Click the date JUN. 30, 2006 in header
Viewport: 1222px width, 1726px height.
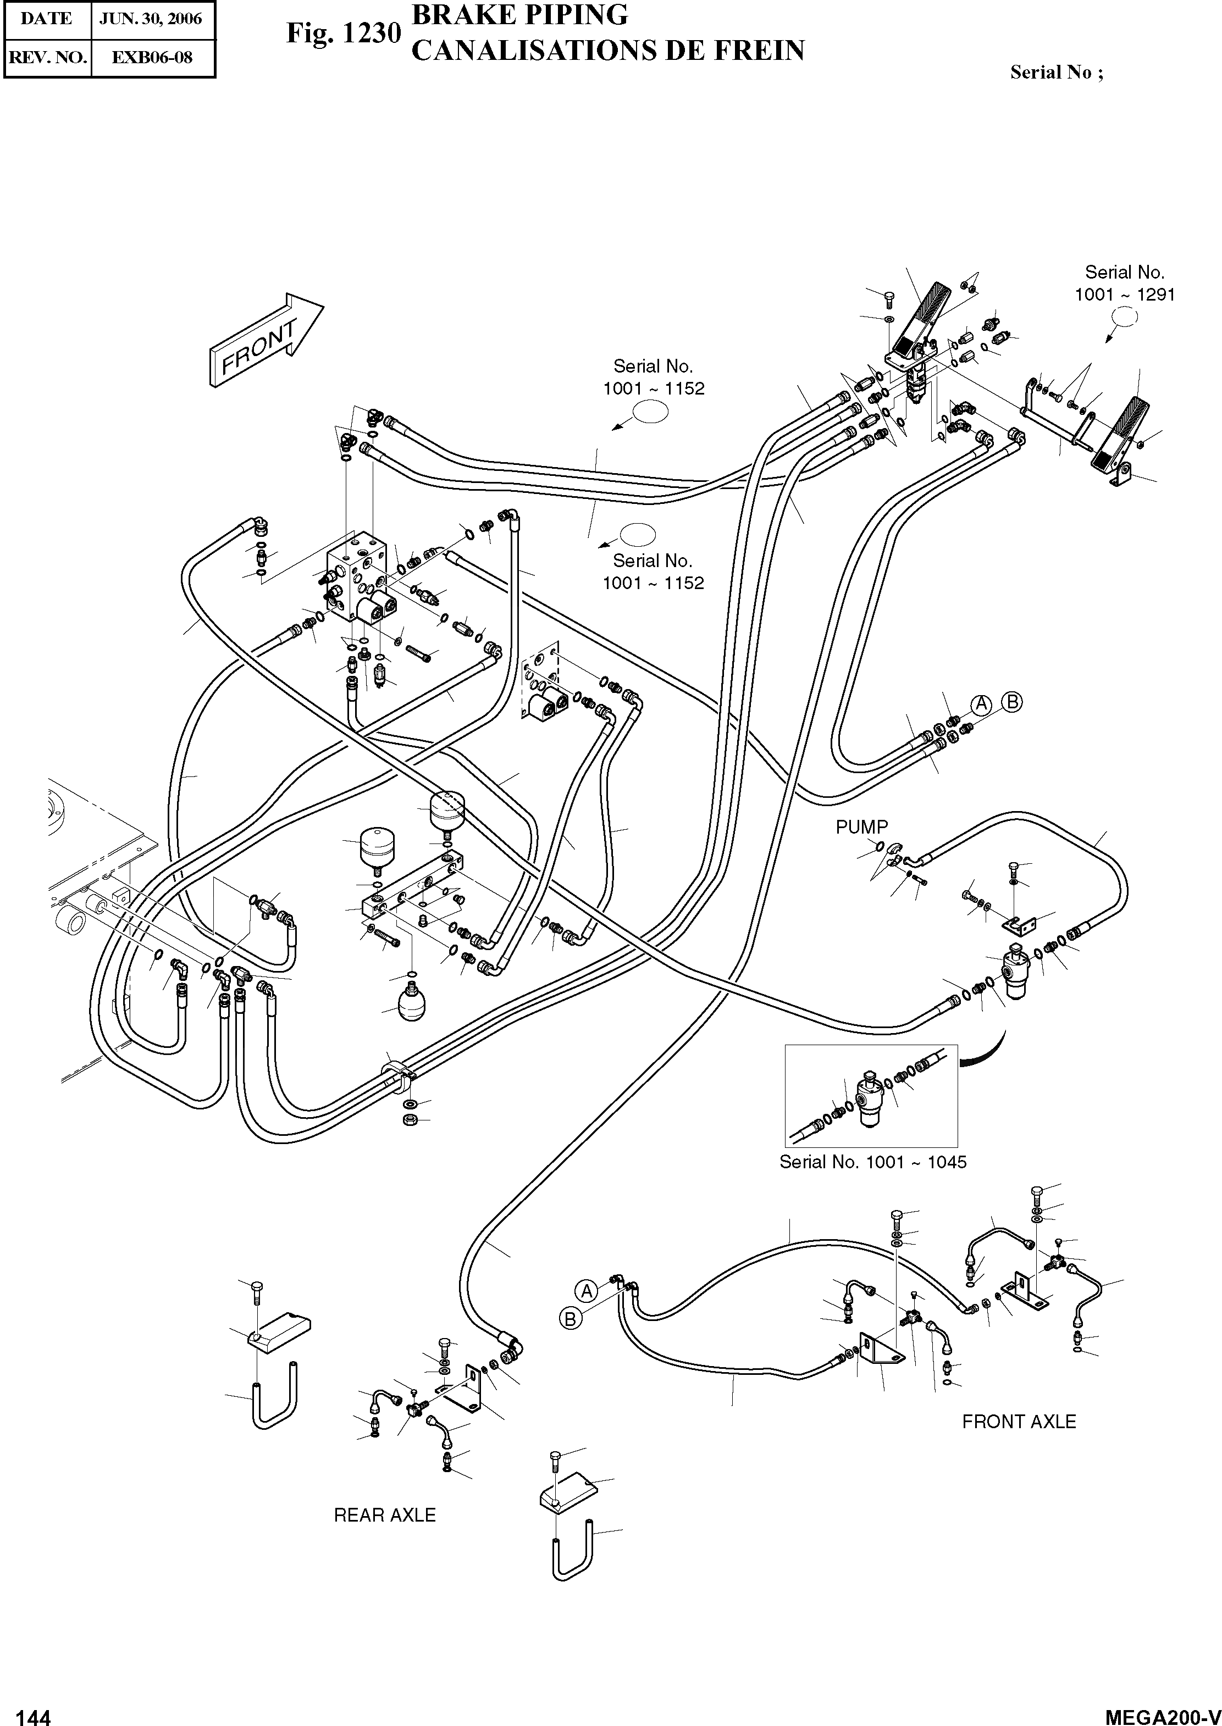click(151, 19)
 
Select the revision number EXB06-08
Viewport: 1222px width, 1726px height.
click(152, 57)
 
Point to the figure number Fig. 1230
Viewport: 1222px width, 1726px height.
click(343, 34)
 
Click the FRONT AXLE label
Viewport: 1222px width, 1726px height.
click(1019, 1422)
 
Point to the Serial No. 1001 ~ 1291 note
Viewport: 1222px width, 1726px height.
click(1124, 284)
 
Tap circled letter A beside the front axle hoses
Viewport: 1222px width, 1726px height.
click(586, 1291)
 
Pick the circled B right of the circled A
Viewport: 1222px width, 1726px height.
click(1013, 702)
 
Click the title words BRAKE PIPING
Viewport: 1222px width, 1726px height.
click(520, 15)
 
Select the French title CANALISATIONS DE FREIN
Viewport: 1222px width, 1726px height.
click(608, 51)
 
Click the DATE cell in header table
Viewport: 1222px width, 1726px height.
click(47, 19)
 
